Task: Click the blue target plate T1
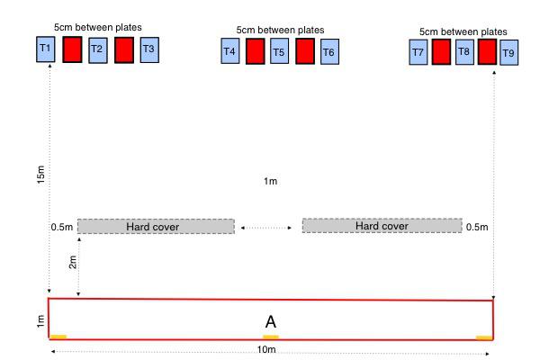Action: pos(46,49)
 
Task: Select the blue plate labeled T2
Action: pos(97,49)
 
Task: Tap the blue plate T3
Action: pos(149,49)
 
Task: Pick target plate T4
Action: pos(229,51)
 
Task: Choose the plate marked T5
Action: pos(279,52)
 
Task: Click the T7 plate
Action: pos(418,53)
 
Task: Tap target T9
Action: pos(508,54)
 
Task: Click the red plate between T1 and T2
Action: pos(72,49)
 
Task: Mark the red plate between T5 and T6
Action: pos(304,51)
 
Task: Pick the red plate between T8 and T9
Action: pos(486,53)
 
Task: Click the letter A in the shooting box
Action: pos(270,321)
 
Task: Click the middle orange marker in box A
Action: pos(270,337)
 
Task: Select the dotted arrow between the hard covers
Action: pos(267,228)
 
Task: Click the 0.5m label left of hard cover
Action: pos(61,227)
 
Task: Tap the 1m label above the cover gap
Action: pos(270,182)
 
